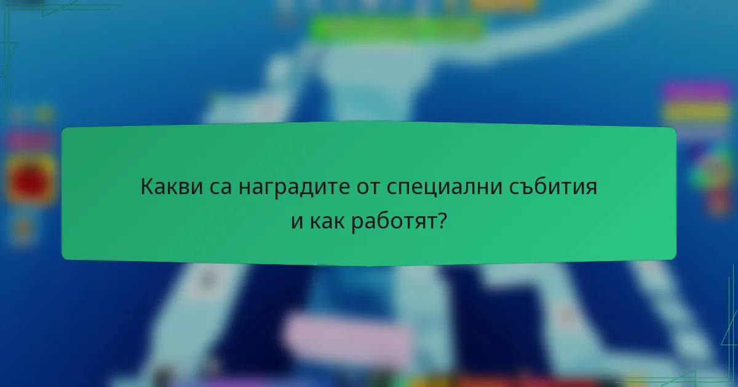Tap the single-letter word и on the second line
pos(298,222)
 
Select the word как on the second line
pos(326,222)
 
